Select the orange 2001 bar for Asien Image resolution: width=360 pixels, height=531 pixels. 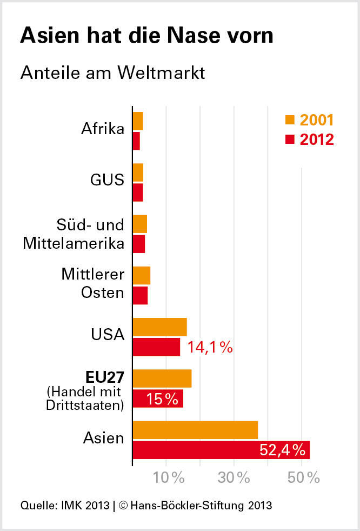[195, 430]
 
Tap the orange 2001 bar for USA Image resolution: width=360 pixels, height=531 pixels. [160, 327]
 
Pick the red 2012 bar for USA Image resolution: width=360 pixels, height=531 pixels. [157, 347]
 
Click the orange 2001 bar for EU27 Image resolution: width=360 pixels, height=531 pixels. [162, 379]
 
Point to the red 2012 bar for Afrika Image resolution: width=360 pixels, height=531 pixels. [137, 141]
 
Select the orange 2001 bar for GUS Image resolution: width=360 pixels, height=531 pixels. [138, 172]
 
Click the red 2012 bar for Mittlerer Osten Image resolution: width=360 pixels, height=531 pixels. [141, 296]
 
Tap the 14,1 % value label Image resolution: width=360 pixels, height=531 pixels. [210, 347]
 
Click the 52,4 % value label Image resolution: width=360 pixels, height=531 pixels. [283, 450]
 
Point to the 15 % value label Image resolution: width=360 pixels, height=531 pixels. [162, 399]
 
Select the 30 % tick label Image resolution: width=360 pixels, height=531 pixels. [234, 478]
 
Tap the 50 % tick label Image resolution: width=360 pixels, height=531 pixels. [303, 478]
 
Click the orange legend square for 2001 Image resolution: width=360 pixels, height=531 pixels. [290, 120]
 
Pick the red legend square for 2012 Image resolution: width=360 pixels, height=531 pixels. [290, 140]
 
